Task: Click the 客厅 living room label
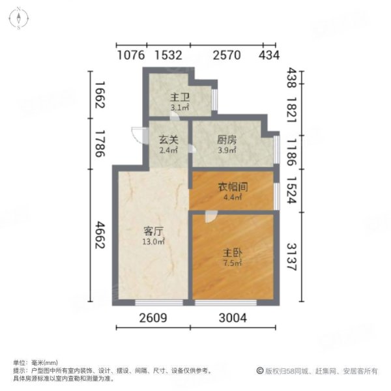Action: (153, 231)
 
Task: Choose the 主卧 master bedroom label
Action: (231, 253)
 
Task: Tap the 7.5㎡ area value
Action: (233, 264)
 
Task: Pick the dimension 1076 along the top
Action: (131, 55)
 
